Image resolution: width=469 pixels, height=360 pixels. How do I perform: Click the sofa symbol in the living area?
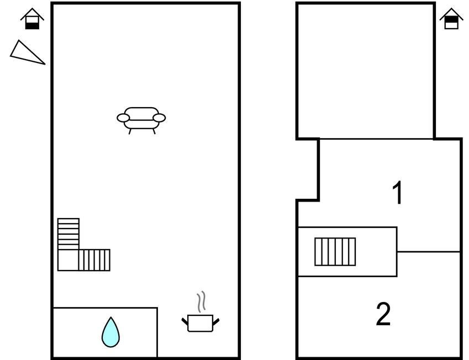[x=141, y=119]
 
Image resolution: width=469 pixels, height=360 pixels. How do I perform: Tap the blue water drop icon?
[x=110, y=332]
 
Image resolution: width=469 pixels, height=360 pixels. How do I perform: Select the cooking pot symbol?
[x=200, y=323]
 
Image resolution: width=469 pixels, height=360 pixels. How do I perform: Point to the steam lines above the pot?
[x=202, y=301]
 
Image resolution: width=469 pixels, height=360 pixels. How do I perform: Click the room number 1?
[x=397, y=193]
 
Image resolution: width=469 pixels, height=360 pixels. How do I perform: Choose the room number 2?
[x=383, y=314]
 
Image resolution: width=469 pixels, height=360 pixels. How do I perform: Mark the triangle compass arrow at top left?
[x=27, y=52]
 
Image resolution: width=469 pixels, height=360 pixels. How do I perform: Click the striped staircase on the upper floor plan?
[x=335, y=252]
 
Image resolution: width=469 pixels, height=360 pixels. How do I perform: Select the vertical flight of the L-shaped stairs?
[x=68, y=234]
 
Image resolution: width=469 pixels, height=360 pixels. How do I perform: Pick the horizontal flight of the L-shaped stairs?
[x=94, y=260]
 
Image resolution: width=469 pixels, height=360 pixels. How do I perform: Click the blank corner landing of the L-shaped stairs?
[x=68, y=260]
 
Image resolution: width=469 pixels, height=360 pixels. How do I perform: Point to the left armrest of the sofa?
[x=123, y=118]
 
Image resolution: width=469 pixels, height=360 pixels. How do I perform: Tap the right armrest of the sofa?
[x=159, y=118]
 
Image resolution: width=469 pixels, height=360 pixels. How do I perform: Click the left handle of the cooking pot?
[x=185, y=321]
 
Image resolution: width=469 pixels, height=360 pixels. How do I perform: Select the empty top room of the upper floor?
[x=365, y=71]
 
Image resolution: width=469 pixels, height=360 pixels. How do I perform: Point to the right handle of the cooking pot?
[x=216, y=321]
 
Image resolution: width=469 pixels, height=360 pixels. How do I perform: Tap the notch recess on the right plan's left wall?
[x=308, y=169]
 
